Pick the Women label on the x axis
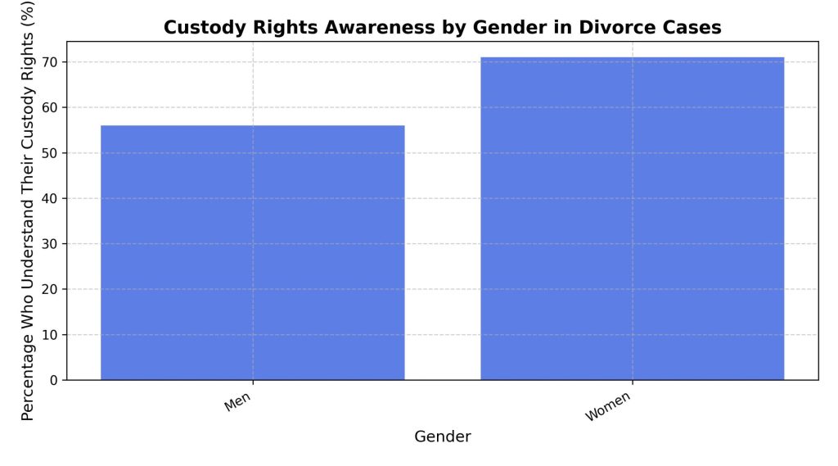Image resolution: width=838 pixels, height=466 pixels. click(609, 407)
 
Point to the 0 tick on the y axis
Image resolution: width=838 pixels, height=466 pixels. click(54, 380)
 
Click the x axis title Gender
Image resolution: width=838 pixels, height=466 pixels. click(442, 437)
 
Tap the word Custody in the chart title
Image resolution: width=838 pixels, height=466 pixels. click(199, 27)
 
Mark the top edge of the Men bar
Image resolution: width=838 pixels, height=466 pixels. click(252, 126)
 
